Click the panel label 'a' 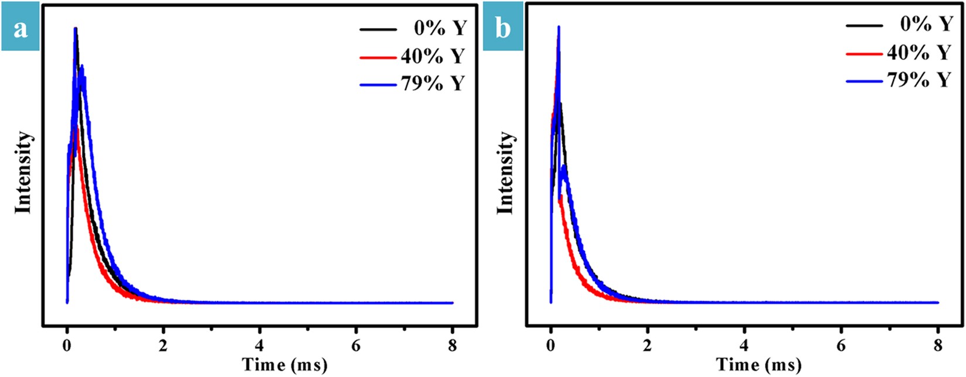click(x=20, y=28)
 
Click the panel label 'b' click(x=503, y=28)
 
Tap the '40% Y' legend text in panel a click(x=432, y=56)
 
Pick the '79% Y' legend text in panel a click(x=432, y=84)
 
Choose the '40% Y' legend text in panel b click(x=919, y=53)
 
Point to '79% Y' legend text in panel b click(x=919, y=80)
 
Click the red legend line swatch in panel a click(x=379, y=57)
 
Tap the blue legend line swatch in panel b click(x=864, y=81)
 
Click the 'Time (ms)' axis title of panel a click(x=285, y=365)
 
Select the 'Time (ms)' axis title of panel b click(x=759, y=365)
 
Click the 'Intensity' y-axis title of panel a click(x=23, y=172)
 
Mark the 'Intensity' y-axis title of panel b click(x=506, y=172)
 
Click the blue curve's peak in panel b click(x=559, y=28)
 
